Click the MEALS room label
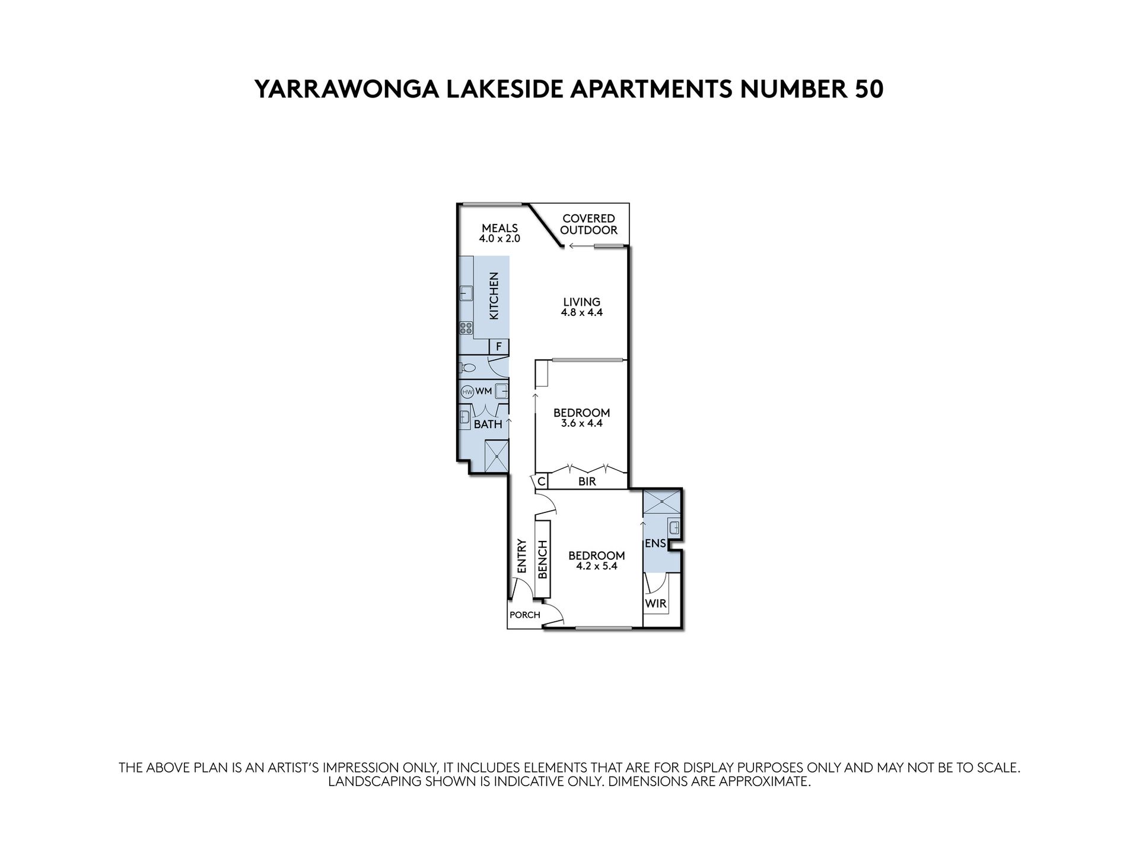pos(499,228)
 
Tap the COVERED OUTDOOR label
pos(588,224)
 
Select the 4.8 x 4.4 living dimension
pos(581,312)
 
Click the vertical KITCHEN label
pos(494,296)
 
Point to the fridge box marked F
pos(498,346)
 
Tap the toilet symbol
pos(467,368)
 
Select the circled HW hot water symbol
pos(467,391)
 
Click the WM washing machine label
pos(483,391)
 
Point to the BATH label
pos(488,425)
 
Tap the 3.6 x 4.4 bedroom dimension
pos(581,423)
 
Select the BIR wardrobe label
pos(587,482)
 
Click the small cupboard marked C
pos(541,482)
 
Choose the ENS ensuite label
pos(655,543)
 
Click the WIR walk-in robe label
pos(656,604)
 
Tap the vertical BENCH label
pos(542,559)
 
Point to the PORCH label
pos(525,615)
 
